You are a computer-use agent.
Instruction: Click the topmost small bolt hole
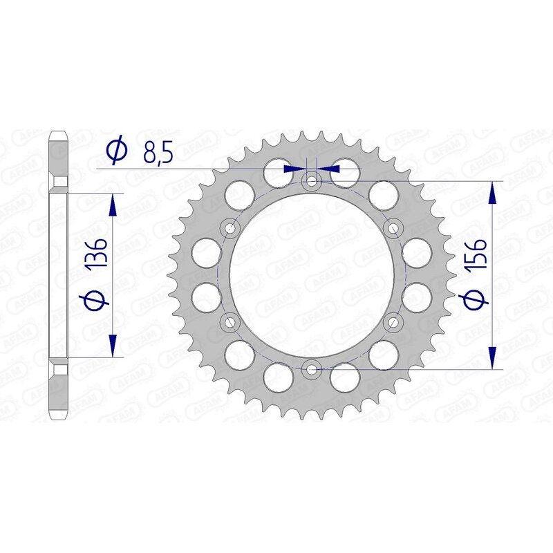click(x=312, y=181)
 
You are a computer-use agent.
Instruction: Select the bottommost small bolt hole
click(x=312, y=369)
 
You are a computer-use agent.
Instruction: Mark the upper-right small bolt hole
click(x=394, y=227)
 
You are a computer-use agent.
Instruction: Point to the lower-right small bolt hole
click(x=394, y=321)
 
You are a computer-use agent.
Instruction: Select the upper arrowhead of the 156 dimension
click(x=492, y=193)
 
